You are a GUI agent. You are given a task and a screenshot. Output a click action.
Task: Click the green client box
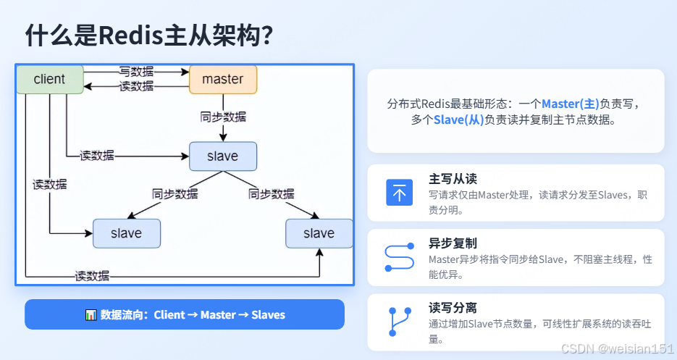pyautogui.click(x=49, y=79)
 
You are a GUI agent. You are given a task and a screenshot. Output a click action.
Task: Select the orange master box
pyautogui.click(x=223, y=79)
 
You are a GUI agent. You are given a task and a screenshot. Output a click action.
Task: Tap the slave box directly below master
pyautogui.click(x=223, y=156)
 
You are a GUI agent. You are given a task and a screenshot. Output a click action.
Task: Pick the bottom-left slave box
pyautogui.click(x=127, y=233)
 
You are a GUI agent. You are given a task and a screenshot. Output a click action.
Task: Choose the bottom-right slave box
pyautogui.click(x=319, y=233)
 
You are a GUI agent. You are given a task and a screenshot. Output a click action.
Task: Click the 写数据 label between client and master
pyautogui.click(x=136, y=71)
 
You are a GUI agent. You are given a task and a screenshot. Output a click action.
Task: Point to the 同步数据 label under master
pyautogui.click(x=223, y=117)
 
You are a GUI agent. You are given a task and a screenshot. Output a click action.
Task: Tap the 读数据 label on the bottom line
pyautogui.click(x=93, y=275)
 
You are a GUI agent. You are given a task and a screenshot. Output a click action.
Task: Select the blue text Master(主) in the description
pyautogui.click(x=571, y=104)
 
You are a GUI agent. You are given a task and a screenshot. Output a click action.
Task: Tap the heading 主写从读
pyautogui.click(x=453, y=178)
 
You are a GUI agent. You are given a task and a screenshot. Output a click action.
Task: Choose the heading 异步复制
pyautogui.click(x=453, y=243)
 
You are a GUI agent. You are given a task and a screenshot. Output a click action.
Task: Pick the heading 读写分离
pyautogui.click(x=453, y=307)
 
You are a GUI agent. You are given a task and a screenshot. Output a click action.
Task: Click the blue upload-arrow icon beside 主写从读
pyautogui.click(x=399, y=192)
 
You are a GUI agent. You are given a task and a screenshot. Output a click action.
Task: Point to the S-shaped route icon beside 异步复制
pyautogui.click(x=399, y=257)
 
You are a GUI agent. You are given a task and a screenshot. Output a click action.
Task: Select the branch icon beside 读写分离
pyautogui.click(x=399, y=322)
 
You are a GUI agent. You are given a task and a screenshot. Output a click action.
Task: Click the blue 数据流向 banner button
pyautogui.click(x=185, y=314)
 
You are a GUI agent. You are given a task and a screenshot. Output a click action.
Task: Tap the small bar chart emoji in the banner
pyautogui.click(x=91, y=315)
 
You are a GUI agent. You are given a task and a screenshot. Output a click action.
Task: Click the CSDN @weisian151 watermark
pyautogui.click(x=618, y=348)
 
